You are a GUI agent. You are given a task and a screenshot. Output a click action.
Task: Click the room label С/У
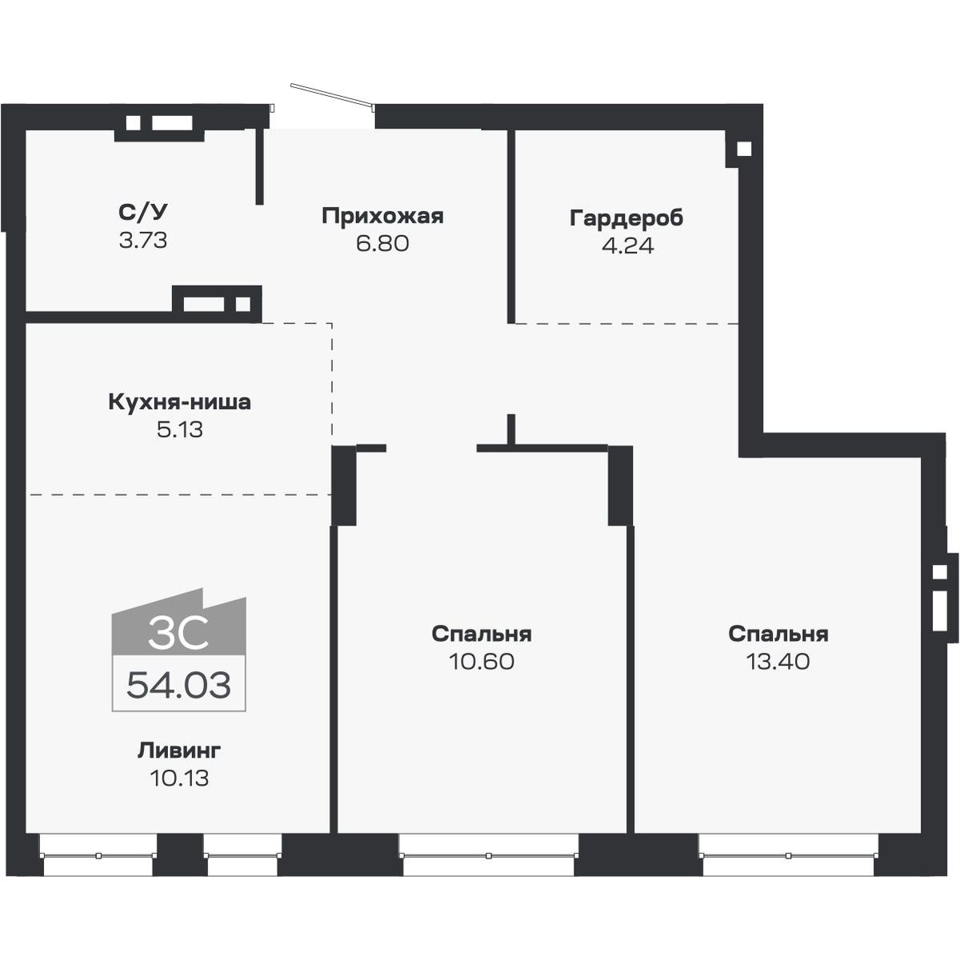tap(143, 213)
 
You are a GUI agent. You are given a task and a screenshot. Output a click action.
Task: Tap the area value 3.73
tap(143, 240)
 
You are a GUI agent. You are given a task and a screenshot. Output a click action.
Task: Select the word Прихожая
tap(382, 216)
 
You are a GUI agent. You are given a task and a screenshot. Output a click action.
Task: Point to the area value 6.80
tap(382, 243)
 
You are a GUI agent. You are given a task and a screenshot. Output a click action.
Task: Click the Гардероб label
tap(627, 218)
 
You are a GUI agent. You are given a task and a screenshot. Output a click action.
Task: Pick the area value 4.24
tap(627, 246)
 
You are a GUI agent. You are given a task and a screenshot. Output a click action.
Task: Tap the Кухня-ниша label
tap(179, 402)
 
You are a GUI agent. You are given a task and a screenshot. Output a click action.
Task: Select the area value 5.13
tap(179, 430)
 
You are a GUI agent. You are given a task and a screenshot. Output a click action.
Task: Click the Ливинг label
tap(179, 750)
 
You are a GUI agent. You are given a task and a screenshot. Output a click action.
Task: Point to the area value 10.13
tap(179, 778)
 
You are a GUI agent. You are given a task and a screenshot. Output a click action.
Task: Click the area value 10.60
tap(482, 662)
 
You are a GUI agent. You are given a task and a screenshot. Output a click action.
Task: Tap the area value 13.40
tap(778, 662)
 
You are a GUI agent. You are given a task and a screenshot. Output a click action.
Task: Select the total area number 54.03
tap(179, 686)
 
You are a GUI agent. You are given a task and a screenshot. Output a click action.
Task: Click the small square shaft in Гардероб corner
tap(743, 149)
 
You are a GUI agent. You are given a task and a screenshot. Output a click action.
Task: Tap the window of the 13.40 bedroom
tap(788, 855)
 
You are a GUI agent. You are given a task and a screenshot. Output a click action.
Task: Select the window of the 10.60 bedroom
tap(488, 855)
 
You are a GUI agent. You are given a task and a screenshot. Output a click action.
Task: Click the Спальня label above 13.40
tap(778, 634)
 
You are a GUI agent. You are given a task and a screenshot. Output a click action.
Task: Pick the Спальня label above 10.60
tap(482, 634)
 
